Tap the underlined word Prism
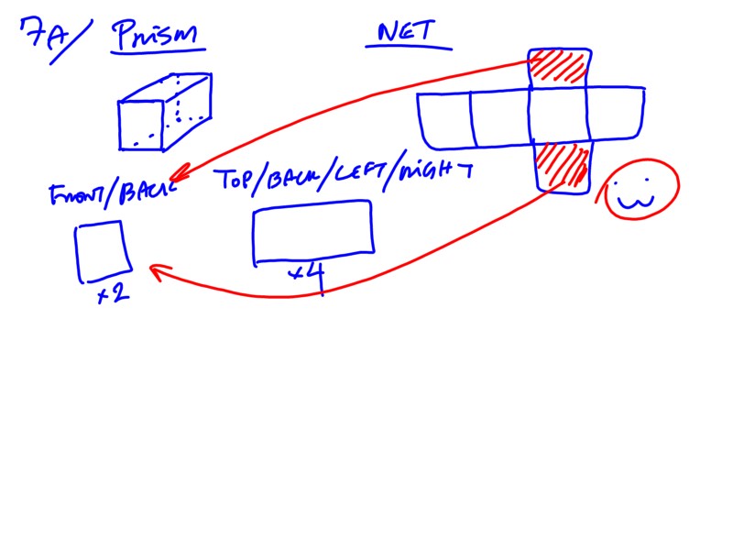(x=158, y=38)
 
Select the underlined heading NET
(x=409, y=34)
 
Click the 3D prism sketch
(x=165, y=114)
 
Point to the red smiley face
(x=638, y=189)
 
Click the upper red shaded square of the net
(x=559, y=68)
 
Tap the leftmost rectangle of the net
(x=445, y=119)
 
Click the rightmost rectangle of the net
(x=616, y=115)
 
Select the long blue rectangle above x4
(x=312, y=234)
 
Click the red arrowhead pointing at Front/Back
(x=177, y=173)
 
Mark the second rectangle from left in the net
(x=500, y=118)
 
